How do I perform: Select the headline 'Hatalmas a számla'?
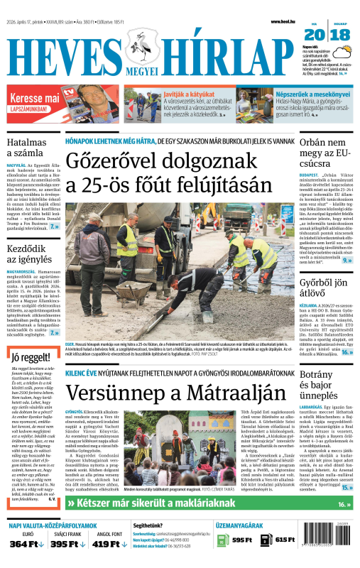coord(26,147)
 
